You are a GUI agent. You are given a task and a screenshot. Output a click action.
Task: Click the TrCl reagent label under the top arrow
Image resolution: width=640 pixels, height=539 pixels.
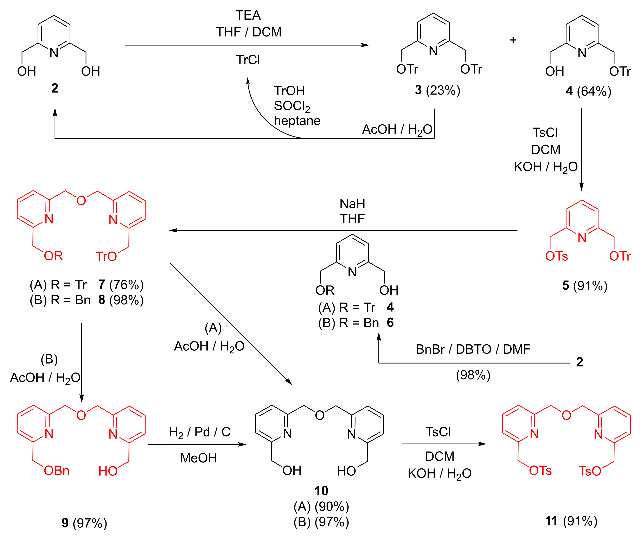[x=248, y=60]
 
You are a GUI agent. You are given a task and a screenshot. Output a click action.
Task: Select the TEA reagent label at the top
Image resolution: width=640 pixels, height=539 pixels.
[x=248, y=15]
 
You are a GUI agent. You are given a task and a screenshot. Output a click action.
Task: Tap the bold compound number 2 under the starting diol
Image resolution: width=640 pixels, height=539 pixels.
[x=55, y=88]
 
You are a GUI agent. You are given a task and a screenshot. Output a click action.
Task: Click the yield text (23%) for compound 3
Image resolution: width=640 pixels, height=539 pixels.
[x=443, y=90]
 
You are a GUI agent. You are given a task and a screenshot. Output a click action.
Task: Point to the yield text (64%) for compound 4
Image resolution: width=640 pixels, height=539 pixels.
[x=594, y=91]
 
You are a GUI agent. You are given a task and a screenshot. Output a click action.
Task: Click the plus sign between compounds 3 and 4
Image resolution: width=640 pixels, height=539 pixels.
[x=513, y=40]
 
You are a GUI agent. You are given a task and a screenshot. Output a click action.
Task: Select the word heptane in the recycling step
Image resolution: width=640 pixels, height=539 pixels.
[x=297, y=121]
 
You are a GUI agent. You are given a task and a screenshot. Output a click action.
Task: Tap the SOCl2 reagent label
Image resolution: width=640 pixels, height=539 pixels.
[x=292, y=106]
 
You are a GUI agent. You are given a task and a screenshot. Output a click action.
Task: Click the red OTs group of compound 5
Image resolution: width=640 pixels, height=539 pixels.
[x=556, y=256]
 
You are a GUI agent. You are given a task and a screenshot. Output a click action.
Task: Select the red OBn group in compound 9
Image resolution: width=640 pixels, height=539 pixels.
[x=57, y=470]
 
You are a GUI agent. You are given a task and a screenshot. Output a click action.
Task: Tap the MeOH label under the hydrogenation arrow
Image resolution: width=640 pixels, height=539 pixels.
[x=199, y=458]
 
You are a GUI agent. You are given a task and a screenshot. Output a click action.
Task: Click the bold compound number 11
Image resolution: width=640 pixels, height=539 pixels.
[x=551, y=521]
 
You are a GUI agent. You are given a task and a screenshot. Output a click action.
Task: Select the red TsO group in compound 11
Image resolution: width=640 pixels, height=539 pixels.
[x=590, y=471]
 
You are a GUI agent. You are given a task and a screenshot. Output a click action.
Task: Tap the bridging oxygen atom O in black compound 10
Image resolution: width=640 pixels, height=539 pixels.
[x=320, y=415]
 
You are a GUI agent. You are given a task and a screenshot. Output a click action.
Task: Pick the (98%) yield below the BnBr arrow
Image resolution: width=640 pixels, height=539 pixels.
[x=473, y=375]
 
